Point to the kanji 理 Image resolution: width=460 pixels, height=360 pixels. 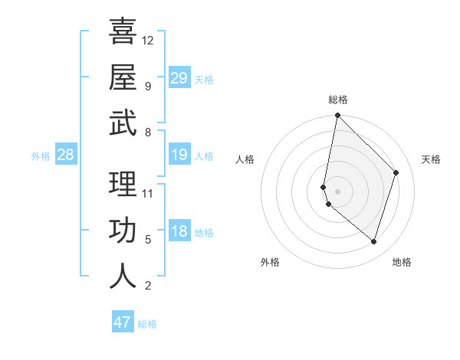pyautogui.click(x=123, y=185)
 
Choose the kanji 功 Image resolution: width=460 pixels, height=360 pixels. pyautogui.click(x=123, y=231)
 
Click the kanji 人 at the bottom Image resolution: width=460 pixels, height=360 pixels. pyautogui.click(x=123, y=277)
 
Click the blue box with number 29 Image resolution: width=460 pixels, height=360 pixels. pyautogui.click(x=179, y=78)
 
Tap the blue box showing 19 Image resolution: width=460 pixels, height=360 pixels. pyautogui.click(x=179, y=155)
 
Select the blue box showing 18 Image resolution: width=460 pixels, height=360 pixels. pyautogui.click(x=179, y=232)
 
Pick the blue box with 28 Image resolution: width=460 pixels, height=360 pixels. pyautogui.click(x=65, y=155)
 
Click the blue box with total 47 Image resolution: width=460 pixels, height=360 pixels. pyautogui.click(x=122, y=322)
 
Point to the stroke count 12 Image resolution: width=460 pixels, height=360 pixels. pyautogui.click(x=148, y=40)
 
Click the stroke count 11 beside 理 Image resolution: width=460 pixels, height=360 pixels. pyautogui.click(x=148, y=193)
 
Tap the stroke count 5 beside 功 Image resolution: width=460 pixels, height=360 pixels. pyautogui.click(x=148, y=240)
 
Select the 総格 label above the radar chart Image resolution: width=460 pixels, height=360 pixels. pyautogui.click(x=338, y=100)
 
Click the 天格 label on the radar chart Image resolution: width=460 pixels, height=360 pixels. pyautogui.click(x=431, y=159)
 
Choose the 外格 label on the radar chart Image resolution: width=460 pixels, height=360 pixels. pyautogui.click(x=270, y=262)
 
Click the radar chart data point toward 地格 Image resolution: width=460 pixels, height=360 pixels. pyautogui.click(x=373, y=241)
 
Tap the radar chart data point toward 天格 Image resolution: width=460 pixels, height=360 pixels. pyautogui.click(x=396, y=172)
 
